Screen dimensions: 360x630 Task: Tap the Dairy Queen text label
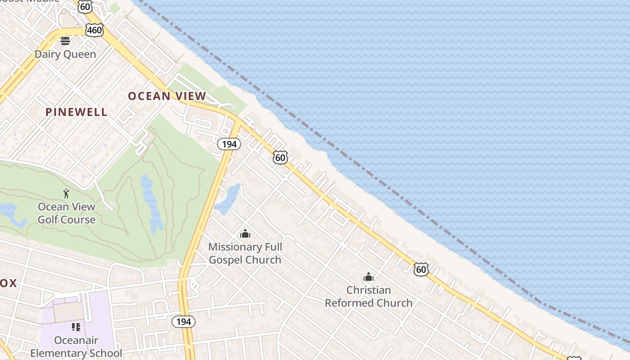tap(65, 54)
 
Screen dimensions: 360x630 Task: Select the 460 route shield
tap(94, 30)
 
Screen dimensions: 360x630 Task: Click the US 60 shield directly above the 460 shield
tap(85, 6)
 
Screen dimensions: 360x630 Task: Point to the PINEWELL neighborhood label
tap(76, 112)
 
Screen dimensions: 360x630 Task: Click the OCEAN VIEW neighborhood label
tap(167, 96)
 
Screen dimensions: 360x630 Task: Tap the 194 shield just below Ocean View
tap(229, 144)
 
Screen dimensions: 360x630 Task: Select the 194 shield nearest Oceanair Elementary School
tap(184, 322)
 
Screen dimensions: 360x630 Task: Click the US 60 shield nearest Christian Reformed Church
tap(421, 270)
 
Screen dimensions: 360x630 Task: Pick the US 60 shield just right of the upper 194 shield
tap(280, 157)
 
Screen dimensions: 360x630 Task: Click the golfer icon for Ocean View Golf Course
tap(67, 194)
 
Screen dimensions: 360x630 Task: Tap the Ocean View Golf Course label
tap(67, 213)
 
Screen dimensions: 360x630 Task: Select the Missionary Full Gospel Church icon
tap(245, 234)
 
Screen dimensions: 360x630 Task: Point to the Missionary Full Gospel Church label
tap(245, 253)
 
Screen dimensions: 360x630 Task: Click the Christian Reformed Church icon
tap(369, 277)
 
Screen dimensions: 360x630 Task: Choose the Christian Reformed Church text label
tap(369, 297)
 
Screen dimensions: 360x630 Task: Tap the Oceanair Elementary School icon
tap(76, 327)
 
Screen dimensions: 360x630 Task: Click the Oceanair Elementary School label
tap(76, 346)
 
